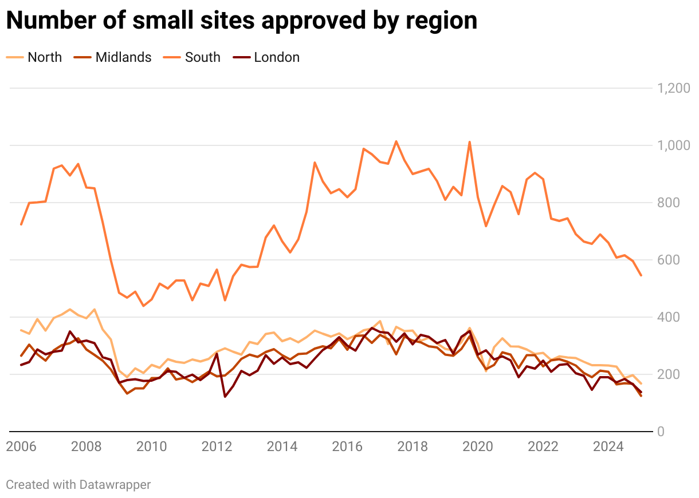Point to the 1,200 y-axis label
pos(673,88)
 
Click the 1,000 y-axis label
pos(673,145)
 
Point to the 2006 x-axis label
pos(21,446)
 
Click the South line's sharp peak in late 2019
pos(470,142)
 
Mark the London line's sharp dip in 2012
pos(225,397)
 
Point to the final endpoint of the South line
pos(641,275)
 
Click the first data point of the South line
pos(21,224)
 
